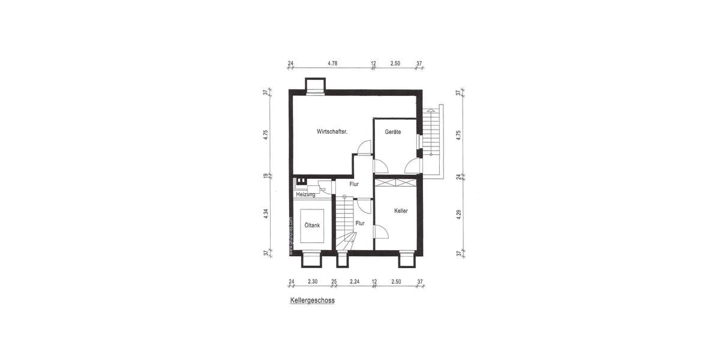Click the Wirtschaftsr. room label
[x=332, y=131]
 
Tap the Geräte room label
[x=393, y=131]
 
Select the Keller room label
[x=401, y=211]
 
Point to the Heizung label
[x=306, y=194]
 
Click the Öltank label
[x=312, y=225]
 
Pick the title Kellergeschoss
[x=312, y=301]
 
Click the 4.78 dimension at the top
[x=332, y=63]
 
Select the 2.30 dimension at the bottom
[x=313, y=281]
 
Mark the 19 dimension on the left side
[x=265, y=176]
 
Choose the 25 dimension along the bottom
[x=334, y=281]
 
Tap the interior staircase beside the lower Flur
[x=345, y=225]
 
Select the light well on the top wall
[x=314, y=86]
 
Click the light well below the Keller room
[x=406, y=259]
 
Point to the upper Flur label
[x=354, y=184]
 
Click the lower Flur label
[x=360, y=223]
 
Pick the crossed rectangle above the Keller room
[x=395, y=184]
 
